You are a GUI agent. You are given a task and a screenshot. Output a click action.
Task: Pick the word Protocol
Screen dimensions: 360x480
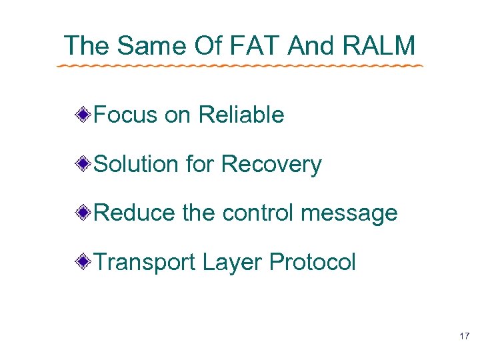point(313,263)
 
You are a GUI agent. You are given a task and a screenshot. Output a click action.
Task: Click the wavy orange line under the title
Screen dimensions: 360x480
point(239,66)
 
